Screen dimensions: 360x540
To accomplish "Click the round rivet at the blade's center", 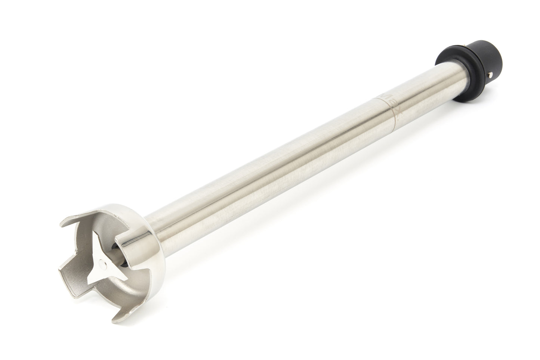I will (x=102, y=264).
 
